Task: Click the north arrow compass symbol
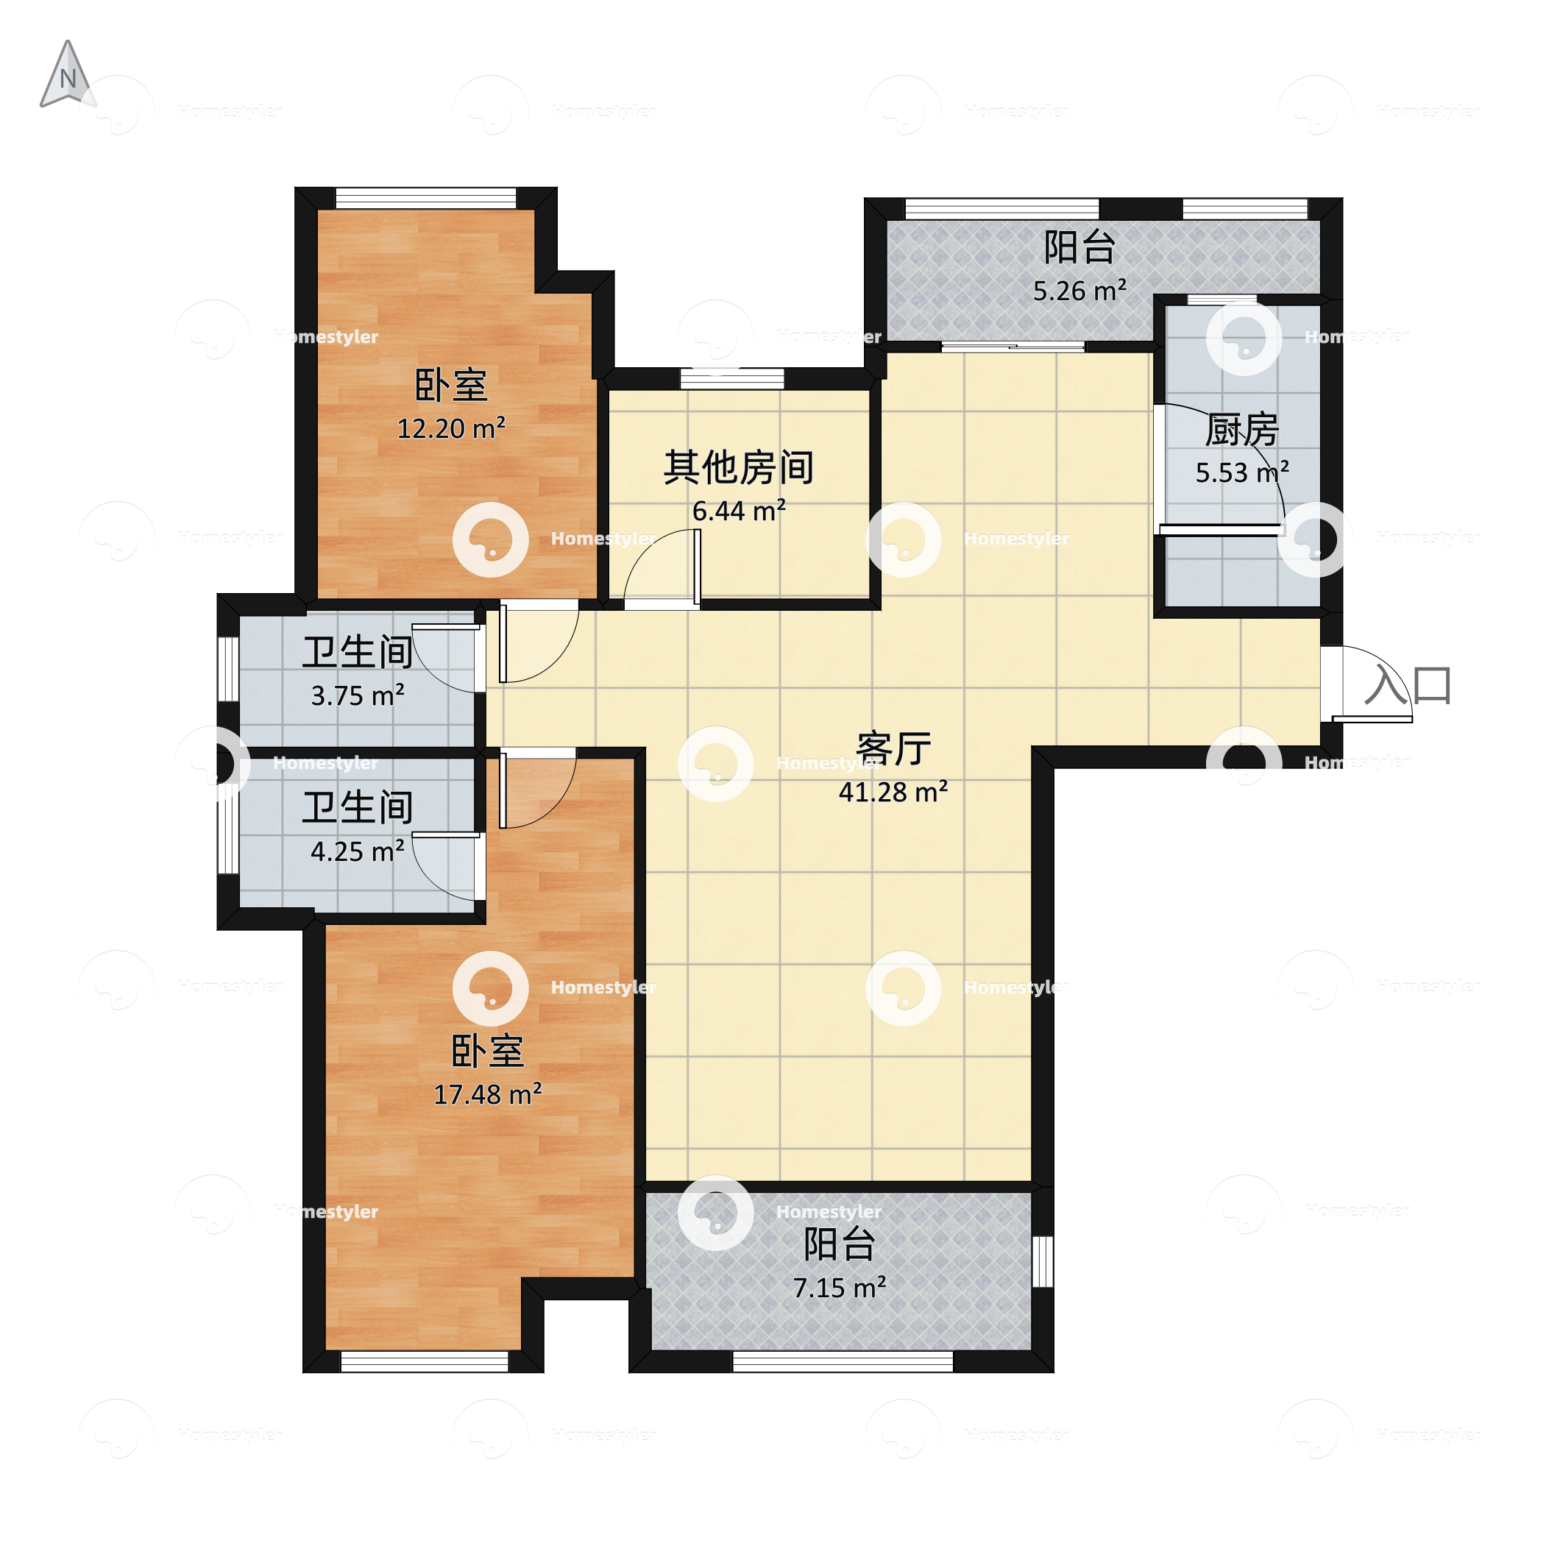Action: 68,74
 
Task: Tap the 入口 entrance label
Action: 1409,685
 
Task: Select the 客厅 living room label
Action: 893,748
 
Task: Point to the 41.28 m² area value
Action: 893,792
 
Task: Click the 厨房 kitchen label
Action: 1242,430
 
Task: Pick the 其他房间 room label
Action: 739,467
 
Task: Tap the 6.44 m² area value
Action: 739,510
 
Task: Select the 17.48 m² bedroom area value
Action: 488,1094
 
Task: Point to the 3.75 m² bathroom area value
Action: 358,695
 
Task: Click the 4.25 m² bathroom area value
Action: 358,851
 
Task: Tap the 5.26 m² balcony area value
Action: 1079,291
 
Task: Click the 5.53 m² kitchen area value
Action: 1242,472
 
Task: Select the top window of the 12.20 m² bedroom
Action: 425,199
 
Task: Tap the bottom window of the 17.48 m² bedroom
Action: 425,1362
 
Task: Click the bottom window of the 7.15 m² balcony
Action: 843,1362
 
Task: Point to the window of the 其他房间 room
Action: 731,379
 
